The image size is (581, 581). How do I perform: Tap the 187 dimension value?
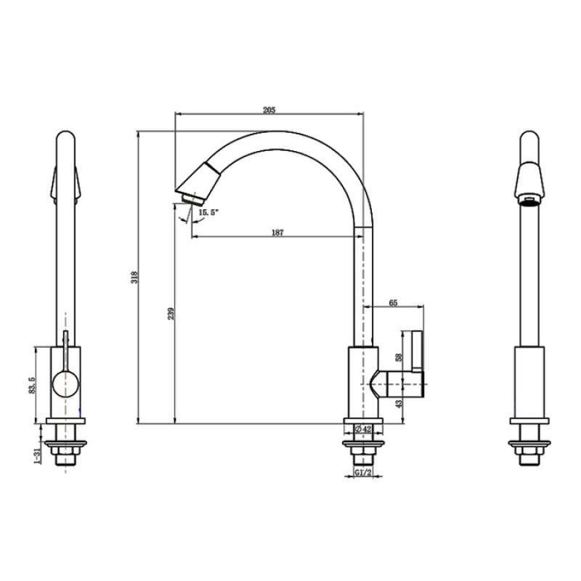pos(277,232)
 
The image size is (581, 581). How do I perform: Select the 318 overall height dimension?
pos(134,277)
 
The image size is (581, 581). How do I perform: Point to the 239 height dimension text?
pos(170,313)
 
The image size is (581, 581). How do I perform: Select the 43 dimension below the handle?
pos(399,403)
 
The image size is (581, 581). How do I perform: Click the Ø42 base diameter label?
pos(363,430)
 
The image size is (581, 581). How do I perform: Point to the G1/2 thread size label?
pos(363,473)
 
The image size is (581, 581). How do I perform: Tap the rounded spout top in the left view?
pos(65,142)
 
